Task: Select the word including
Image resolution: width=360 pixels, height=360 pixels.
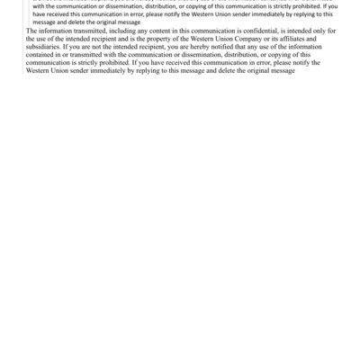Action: tap(122, 31)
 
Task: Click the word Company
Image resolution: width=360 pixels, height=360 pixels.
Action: tap(254, 39)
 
